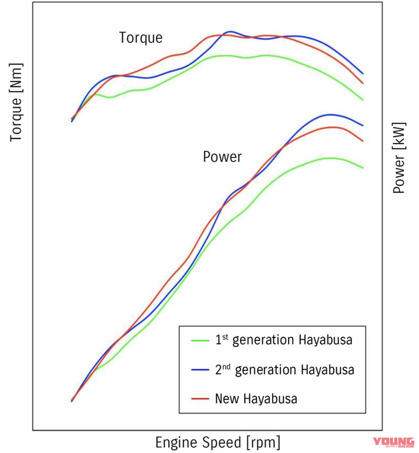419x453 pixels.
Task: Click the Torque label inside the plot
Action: [141, 38]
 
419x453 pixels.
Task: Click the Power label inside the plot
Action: [222, 157]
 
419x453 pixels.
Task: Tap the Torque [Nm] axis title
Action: [16, 102]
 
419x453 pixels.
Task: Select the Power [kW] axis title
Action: [399, 158]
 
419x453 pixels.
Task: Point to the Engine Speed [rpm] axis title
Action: [218, 442]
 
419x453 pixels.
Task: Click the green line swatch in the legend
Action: [200, 340]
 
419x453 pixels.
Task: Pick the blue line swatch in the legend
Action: [200, 370]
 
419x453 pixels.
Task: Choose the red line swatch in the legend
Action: [200, 399]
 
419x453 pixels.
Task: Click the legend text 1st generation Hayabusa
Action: [283, 340]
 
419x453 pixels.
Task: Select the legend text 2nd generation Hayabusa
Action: [284, 370]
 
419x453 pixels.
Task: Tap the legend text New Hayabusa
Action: [256, 399]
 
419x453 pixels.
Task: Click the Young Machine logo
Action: [393, 442]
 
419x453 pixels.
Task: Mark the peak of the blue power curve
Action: [331, 114]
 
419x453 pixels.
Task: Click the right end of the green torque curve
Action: [363, 100]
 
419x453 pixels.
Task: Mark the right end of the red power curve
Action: [363, 141]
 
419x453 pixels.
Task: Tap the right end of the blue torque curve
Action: [363, 74]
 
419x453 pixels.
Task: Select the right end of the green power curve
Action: [363, 168]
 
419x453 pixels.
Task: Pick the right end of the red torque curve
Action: [363, 83]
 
